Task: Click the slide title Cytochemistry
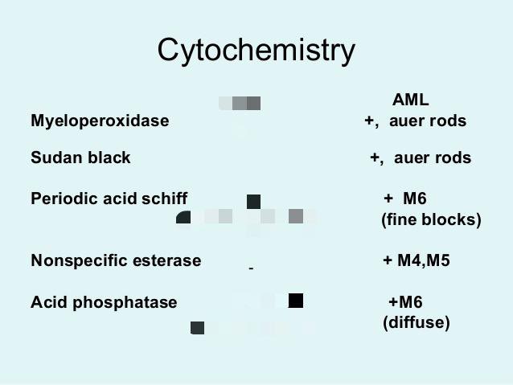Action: (x=256, y=50)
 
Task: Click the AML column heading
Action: (x=410, y=100)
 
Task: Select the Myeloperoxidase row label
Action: (x=100, y=121)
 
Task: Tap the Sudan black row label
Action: (x=80, y=158)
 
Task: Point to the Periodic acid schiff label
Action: (x=109, y=199)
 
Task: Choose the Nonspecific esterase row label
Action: (x=116, y=260)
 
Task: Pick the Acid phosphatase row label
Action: (x=104, y=302)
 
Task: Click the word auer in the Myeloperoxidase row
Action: (x=407, y=121)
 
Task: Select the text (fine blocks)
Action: (x=431, y=219)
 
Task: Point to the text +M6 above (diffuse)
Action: (x=405, y=302)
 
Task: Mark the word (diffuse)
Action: (x=416, y=322)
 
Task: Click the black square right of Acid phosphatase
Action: (x=296, y=301)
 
